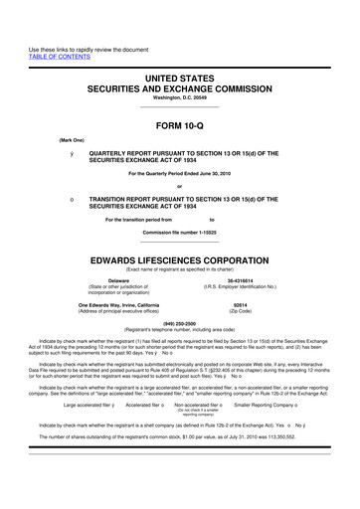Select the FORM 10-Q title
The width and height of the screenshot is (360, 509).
pyautogui.click(x=179, y=125)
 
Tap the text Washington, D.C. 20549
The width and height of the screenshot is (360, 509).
pyautogui.click(x=179, y=98)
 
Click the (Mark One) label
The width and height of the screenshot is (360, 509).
pyautogui.click(x=45, y=141)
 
